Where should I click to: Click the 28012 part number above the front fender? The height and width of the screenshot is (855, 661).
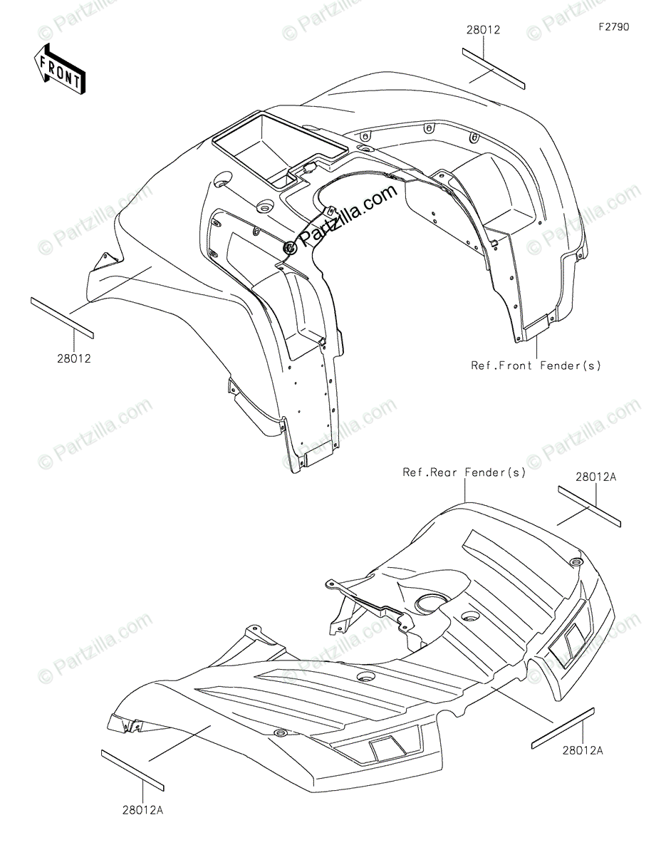(483, 30)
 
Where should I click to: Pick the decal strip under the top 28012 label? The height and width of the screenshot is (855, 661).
(494, 68)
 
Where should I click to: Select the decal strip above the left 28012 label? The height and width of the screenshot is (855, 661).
(62, 316)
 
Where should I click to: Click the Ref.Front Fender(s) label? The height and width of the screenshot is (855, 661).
(536, 366)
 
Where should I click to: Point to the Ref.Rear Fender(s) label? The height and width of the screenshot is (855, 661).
(464, 472)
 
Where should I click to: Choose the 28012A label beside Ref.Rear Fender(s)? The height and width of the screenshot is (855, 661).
(595, 477)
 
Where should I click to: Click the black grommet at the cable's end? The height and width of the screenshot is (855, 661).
(290, 247)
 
